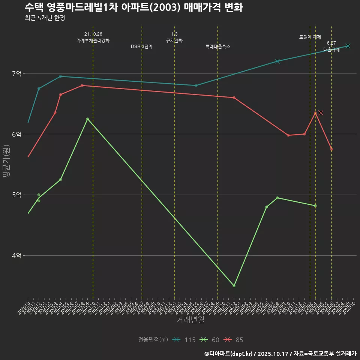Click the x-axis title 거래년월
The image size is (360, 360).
[x=190, y=320]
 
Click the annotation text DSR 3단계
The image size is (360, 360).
[x=142, y=46]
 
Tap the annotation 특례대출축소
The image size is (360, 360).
[x=218, y=46]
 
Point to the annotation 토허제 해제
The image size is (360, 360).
[x=310, y=37]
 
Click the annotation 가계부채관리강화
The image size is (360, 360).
[x=93, y=40]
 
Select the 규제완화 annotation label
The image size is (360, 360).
[x=174, y=40]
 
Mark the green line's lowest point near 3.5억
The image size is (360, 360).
[x=234, y=286]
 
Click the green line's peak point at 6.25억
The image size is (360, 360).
[x=87, y=119]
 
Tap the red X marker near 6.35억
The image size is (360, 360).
[x=321, y=113]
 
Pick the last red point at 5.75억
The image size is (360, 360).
[x=331, y=149]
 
